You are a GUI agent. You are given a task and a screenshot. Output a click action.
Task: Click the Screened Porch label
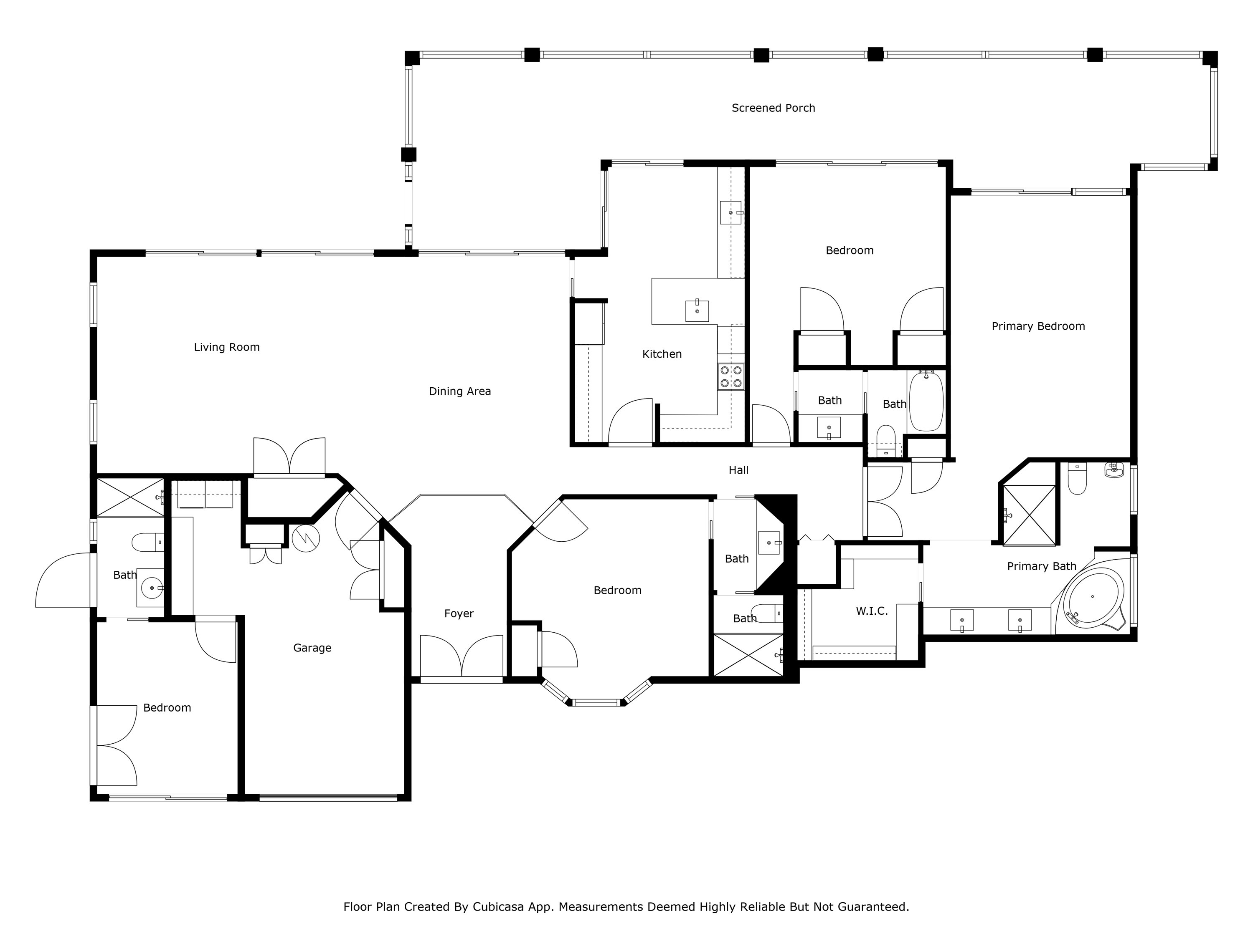[x=773, y=108]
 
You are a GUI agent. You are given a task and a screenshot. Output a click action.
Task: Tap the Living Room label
[x=226, y=348]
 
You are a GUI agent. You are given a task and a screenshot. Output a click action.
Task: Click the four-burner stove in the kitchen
[x=731, y=377]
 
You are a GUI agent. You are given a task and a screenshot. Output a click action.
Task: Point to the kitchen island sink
[x=697, y=311]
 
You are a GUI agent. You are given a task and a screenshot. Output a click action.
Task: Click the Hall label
[x=738, y=470]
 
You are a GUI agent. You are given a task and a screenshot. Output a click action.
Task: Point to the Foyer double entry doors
[x=462, y=656]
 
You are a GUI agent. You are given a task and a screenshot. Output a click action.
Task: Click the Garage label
[x=312, y=648]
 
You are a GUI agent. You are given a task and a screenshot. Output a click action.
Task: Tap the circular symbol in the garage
[x=306, y=539]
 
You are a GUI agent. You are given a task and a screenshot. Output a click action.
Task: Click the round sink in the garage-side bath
[x=152, y=588]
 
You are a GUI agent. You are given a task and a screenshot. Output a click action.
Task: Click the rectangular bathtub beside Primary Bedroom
[x=926, y=402]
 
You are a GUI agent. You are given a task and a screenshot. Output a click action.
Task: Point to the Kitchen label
[x=662, y=354]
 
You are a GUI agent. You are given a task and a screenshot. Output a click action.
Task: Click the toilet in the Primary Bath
[x=1077, y=480]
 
